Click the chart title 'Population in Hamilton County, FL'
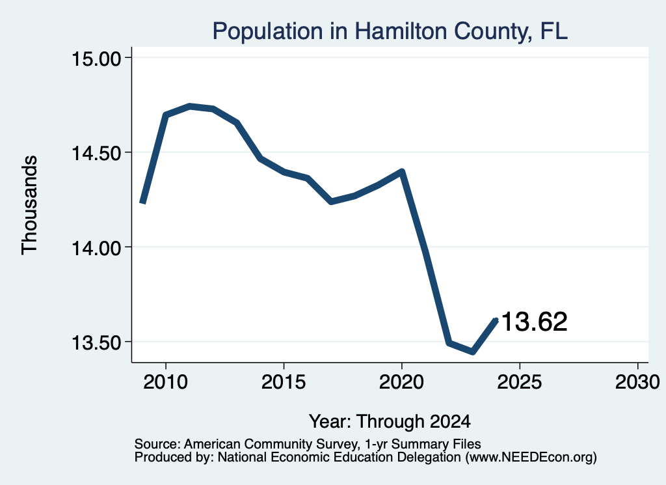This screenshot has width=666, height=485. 390,31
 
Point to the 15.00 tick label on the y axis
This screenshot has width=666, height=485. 96,58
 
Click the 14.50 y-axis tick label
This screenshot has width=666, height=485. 96,153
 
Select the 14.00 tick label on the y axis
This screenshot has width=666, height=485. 96,248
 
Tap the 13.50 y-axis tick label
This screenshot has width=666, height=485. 96,342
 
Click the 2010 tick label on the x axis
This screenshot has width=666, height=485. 166,381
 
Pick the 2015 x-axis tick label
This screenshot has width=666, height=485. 284,381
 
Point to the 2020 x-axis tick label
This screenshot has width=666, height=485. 401,381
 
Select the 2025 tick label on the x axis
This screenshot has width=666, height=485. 520,381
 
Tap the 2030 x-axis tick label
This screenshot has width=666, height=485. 637,381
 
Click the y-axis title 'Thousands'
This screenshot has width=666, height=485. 29,205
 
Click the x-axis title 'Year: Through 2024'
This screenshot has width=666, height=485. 390,422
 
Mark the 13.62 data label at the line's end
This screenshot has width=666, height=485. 535,322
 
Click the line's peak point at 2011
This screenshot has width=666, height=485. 189,106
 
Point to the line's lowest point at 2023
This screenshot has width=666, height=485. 473,352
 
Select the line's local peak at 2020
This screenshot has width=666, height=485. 402,171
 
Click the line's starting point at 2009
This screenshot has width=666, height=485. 142,202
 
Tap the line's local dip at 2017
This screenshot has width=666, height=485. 331,201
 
